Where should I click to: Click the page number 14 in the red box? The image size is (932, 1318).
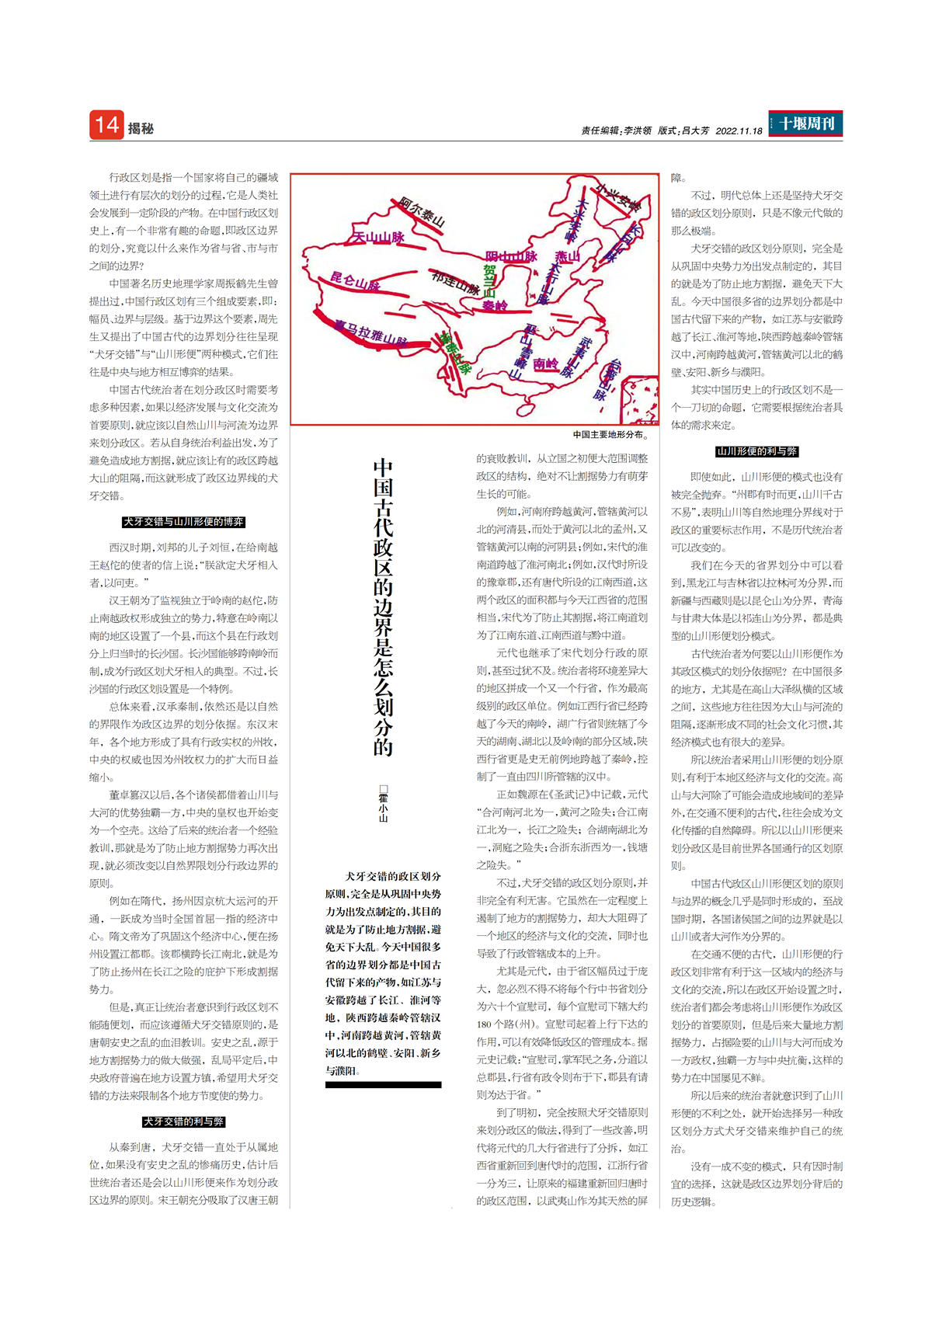point(106,125)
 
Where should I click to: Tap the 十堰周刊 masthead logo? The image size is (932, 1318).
point(807,123)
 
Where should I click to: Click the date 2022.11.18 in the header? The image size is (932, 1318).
point(739,131)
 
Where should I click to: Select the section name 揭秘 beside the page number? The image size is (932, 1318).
point(141,128)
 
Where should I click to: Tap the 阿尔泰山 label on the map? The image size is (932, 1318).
point(421,212)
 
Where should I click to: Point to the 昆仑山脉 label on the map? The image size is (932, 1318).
point(355,280)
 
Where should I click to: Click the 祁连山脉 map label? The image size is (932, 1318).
point(455,281)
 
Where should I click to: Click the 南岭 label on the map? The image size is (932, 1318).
point(545,363)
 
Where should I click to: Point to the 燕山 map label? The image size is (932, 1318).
point(567,256)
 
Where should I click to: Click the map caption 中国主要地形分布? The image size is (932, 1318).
point(610,435)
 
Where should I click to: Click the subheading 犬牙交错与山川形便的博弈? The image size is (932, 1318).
point(183,522)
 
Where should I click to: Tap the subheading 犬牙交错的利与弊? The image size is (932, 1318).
point(183,1122)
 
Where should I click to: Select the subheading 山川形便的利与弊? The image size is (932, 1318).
point(756,451)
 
